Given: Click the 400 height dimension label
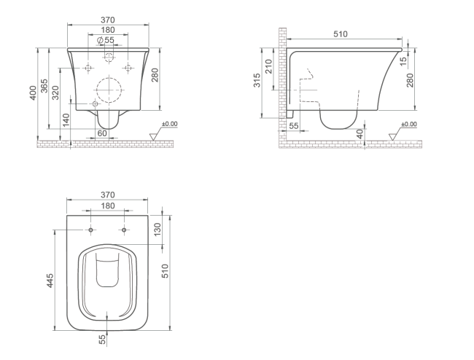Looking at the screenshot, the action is point(33,93).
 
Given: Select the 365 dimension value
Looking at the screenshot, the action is point(44,86).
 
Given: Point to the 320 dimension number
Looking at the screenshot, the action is point(55,93).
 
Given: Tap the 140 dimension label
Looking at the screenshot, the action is point(66,120).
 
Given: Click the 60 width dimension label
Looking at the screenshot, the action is point(102,133).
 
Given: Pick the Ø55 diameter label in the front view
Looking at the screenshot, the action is point(106,40).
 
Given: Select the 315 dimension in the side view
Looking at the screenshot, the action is point(257,80).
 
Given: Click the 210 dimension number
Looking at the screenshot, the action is point(268,66).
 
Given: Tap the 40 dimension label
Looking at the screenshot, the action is point(360,133).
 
